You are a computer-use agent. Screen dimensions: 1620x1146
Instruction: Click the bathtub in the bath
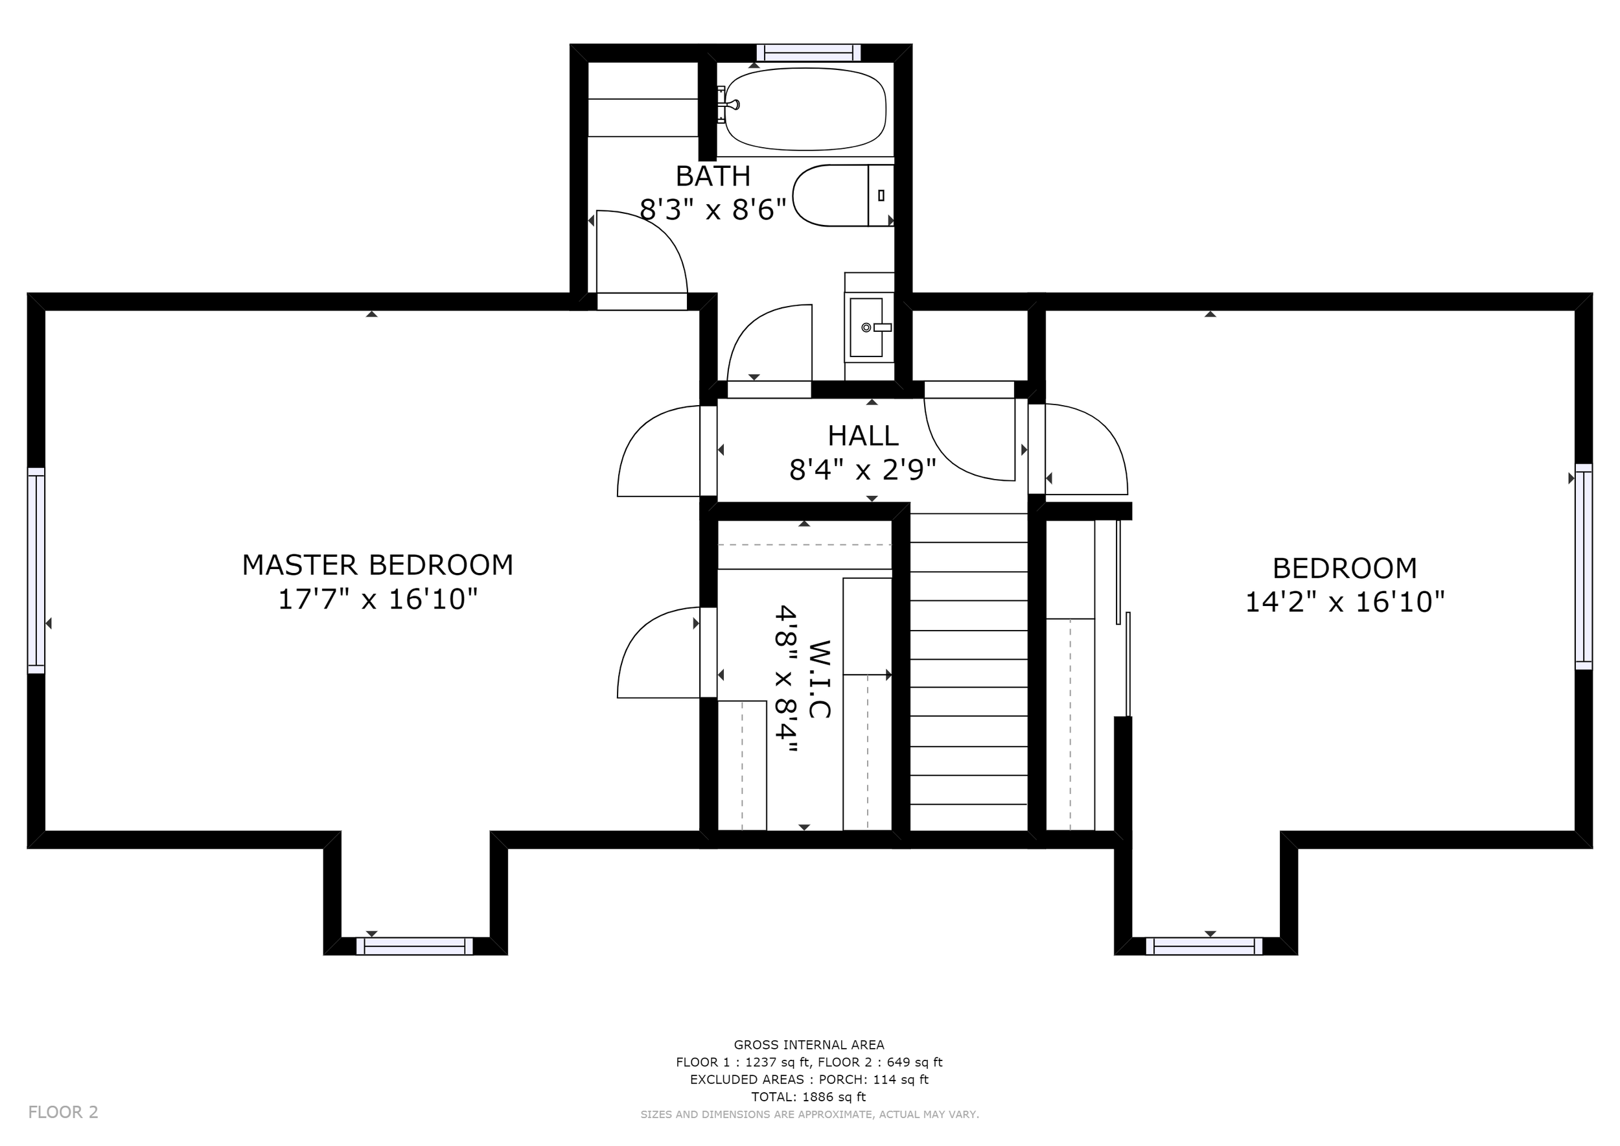click(x=805, y=110)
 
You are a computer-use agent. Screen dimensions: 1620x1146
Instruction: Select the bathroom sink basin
click(x=866, y=327)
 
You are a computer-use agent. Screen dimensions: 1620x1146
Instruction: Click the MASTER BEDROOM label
click(x=378, y=565)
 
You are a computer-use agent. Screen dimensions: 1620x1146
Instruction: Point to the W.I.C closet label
click(x=818, y=679)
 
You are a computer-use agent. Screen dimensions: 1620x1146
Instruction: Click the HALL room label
click(x=863, y=436)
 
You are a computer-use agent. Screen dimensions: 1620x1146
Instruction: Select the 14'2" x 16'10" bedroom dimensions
click(x=1345, y=603)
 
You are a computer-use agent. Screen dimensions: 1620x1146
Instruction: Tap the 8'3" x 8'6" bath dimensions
click(x=713, y=209)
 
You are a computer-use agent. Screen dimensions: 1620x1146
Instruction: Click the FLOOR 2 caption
click(x=64, y=1112)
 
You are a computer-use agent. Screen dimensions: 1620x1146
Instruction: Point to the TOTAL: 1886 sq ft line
click(x=809, y=1097)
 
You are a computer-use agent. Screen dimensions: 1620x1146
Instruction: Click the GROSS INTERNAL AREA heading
click(x=809, y=1044)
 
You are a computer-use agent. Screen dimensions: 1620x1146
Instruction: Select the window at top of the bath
click(x=809, y=53)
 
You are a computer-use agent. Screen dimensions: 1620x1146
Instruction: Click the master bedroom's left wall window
click(x=36, y=570)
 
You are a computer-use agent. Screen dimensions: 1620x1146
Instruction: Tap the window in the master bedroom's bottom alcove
click(x=414, y=946)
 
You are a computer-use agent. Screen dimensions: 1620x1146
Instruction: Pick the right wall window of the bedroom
click(x=1584, y=567)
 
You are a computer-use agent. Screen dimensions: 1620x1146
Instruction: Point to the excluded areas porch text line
click(x=809, y=1079)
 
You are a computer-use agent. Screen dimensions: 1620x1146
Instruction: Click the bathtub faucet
click(x=729, y=105)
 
